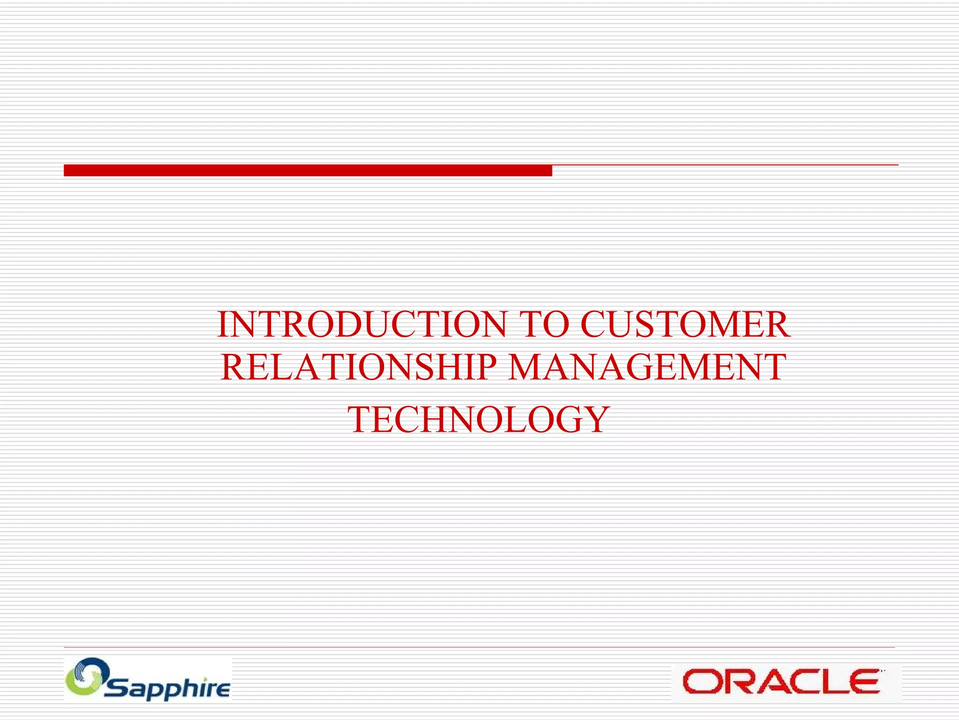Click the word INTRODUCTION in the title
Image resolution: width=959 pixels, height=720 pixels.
[361, 324]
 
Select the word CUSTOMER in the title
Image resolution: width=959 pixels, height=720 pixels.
[685, 324]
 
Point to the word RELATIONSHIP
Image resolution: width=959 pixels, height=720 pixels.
[358, 367]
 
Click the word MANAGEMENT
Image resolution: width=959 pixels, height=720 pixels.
[647, 367]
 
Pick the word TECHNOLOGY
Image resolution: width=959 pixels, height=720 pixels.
[479, 420]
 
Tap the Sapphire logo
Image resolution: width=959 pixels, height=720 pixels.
[148, 679]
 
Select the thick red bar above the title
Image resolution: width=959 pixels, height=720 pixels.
[308, 171]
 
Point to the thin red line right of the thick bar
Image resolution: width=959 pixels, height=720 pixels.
[725, 165]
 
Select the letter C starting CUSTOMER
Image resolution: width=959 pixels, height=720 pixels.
[594, 324]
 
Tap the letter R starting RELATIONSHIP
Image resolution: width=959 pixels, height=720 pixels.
[233, 367]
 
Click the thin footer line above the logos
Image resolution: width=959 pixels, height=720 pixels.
[479, 647]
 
